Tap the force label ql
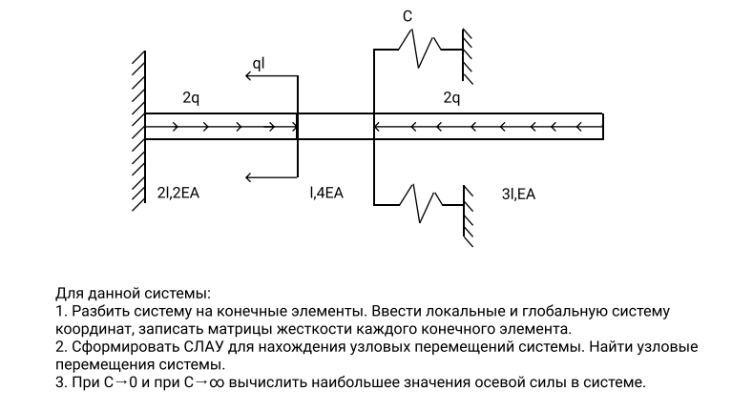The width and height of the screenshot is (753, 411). click(259, 63)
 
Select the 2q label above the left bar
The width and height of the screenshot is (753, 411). click(191, 97)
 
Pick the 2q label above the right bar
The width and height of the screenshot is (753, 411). click(451, 97)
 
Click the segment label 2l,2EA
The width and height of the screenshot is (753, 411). click(178, 194)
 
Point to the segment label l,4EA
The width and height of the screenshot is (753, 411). click(325, 194)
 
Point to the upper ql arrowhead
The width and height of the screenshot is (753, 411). click(249, 76)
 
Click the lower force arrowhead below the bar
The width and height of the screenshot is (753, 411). click(249, 176)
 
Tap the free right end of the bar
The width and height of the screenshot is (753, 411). click(602, 126)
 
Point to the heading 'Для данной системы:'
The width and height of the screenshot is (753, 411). click(131, 293)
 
